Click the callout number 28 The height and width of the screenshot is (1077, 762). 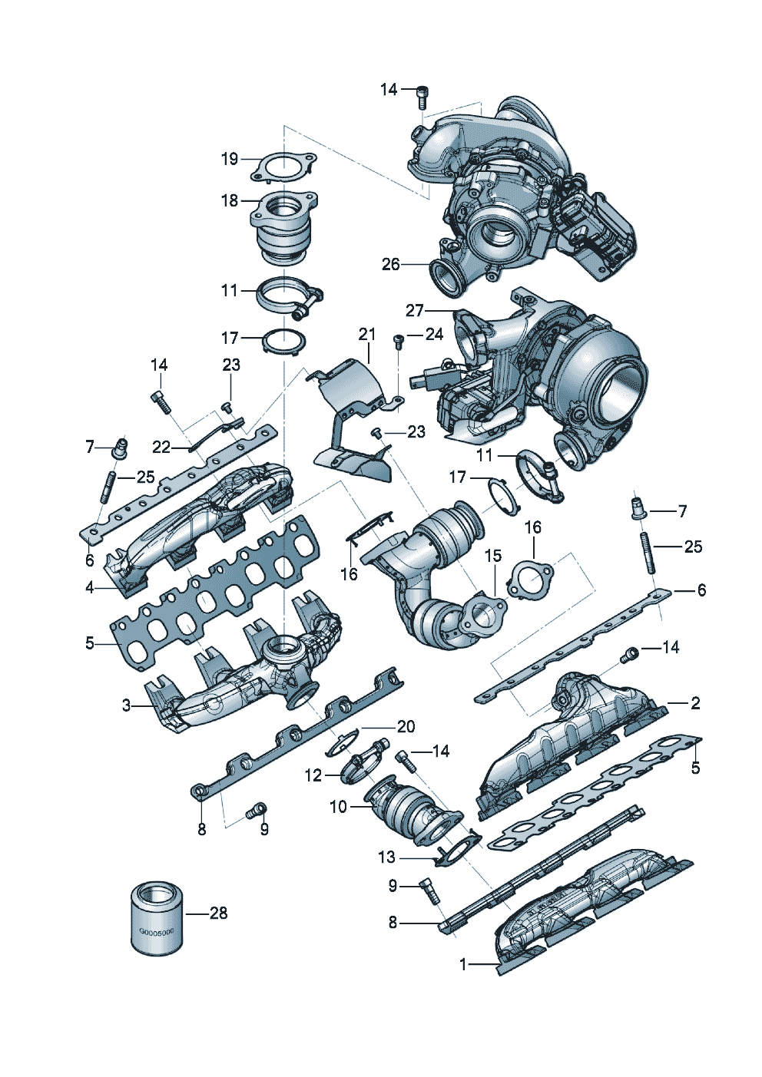(x=219, y=913)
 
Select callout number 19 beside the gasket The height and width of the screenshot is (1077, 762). (x=230, y=159)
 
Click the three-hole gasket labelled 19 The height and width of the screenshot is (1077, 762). (x=283, y=167)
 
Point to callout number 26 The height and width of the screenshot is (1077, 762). (x=391, y=264)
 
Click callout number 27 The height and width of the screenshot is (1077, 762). (x=415, y=310)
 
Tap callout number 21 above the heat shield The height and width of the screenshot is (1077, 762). (x=367, y=334)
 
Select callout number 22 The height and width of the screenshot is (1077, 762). (x=161, y=447)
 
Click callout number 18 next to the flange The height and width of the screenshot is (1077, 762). (x=230, y=200)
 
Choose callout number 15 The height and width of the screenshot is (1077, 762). (x=493, y=555)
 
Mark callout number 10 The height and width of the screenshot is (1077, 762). (x=338, y=807)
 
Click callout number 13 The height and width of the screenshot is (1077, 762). (x=386, y=857)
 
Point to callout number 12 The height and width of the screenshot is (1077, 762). (x=313, y=775)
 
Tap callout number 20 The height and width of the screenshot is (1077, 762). (x=406, y=726)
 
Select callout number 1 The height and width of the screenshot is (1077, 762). (x=463, y=964)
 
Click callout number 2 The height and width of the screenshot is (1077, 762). (x=695, y=702)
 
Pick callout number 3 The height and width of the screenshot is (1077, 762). (x=127, y=705)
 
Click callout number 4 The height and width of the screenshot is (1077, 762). (x=90, y=587)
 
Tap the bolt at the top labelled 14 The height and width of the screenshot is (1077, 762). (x=422, y=97)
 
